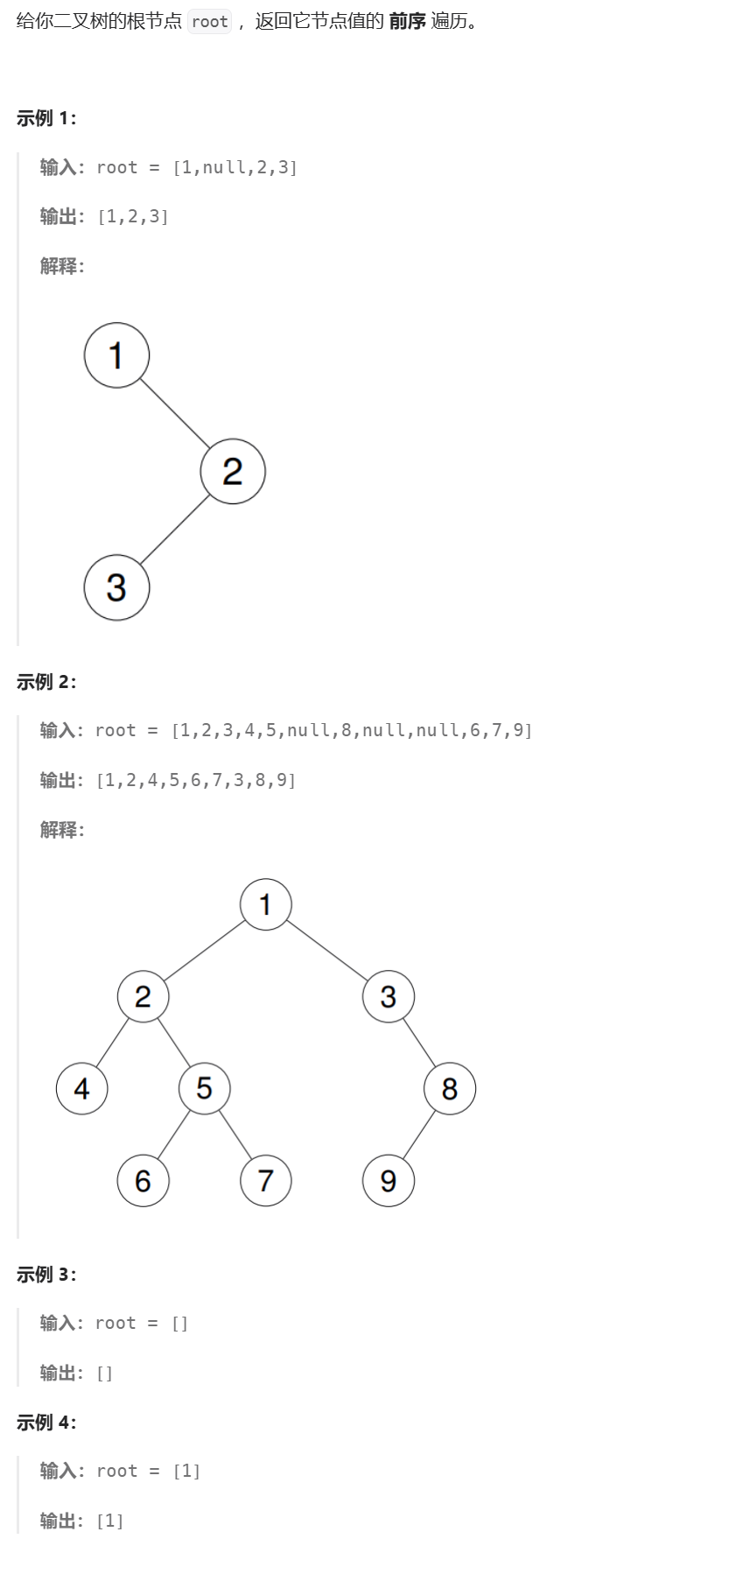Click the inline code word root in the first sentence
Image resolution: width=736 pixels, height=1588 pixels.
tap(210, 22)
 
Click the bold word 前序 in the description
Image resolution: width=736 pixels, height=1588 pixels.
tap(407, 22)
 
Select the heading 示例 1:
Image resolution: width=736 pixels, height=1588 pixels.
tap(46, 118)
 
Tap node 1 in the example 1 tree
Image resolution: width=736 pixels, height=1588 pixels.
tap(116, 355)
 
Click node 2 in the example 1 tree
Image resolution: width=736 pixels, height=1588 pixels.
tap(233, 471)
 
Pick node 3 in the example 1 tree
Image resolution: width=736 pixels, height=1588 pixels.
tap(116, 587)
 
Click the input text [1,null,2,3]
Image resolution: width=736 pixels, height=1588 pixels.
tap(235, 167)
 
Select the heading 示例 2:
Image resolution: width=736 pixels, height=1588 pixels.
tap(46, 682)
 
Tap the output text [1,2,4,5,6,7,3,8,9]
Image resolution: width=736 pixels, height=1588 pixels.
tap(196, 780)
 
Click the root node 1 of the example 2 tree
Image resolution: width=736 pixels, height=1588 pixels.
tap(265, 904)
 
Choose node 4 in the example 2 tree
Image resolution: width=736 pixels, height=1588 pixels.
tap(81, 1088)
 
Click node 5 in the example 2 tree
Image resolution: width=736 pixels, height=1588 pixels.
tap(204, 1088)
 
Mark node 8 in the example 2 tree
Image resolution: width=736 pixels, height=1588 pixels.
tap(449, 1088)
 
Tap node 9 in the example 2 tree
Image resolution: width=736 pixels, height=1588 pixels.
tap(388, 1180)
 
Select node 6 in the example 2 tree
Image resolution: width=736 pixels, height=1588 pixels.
tap(143, 1180)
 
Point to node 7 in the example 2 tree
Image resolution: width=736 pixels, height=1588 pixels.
tap(265, 1180)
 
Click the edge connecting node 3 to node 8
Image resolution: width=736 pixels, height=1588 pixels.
tap(419, 1043)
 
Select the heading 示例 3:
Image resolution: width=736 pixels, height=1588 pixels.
tap(46, 1275)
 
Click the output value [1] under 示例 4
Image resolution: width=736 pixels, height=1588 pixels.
tap(110, 1521)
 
